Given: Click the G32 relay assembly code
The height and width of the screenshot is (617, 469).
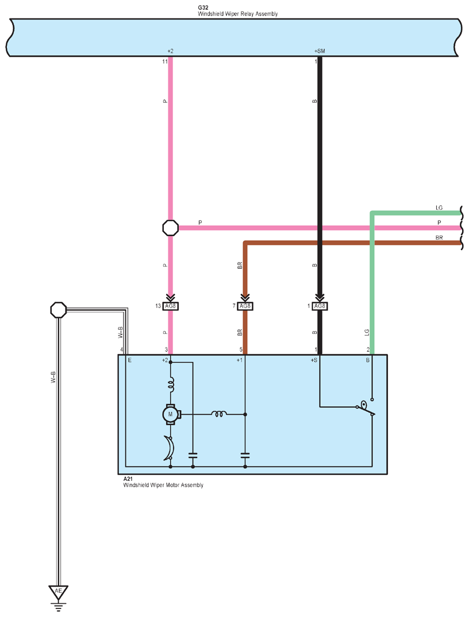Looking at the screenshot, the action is pyautogui.click(x=203, y=7).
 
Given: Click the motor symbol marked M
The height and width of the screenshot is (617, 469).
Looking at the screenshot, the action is pyautogui.click(x=171, y=414).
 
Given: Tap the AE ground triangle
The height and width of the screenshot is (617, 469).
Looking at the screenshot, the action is pyautogui.click(x=58, y=592).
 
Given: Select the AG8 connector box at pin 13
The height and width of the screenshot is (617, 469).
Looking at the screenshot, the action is pyautogui.click(x=171, y=306).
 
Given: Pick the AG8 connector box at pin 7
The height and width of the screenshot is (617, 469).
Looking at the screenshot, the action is pyautogui.click(x=245, y=306).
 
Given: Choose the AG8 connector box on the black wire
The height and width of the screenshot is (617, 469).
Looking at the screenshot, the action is pyautogui.click(x=320, y=306).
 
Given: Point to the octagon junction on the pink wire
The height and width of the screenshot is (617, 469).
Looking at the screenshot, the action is pyautogui.click(x=171, y=228).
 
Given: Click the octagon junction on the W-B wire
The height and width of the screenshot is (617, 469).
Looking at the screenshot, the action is pyautogui.click(x=59, y=310).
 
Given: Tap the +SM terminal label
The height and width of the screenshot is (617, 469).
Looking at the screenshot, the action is pyautogui.click(x=320, y=51).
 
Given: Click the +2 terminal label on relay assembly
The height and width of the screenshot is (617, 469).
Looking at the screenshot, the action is pyautogui.click(x=170, y=51).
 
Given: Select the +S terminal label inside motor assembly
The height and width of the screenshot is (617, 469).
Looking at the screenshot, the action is pyautogui.click(x=314, y=360).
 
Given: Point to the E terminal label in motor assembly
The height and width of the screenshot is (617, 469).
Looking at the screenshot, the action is pyautogui.click(x=129, y=360).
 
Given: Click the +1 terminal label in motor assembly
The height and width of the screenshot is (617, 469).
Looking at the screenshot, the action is pyautogui.click(x=240, y=360).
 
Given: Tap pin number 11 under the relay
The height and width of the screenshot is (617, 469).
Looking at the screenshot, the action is pyautogui.click(x=165, y=61).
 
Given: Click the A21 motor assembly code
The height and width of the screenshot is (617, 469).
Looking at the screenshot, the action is pyautogui.click(x=128, y=479).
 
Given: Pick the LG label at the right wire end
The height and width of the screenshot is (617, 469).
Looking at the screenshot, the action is pyautogui.click(x=439, y=208).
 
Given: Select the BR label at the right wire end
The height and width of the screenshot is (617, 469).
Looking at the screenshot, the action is pyautogui.click(x=439, y=238).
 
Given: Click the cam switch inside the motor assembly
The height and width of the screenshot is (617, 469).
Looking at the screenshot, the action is pyautogui.click(x=366, y=408).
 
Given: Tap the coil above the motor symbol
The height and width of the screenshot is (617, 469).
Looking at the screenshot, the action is pyautogui.click(x=171, y=384).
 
